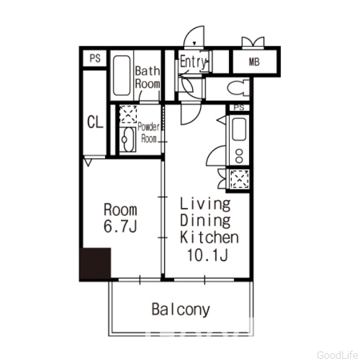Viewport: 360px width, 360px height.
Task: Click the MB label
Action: [254, 62]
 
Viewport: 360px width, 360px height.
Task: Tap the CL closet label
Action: [95, 122]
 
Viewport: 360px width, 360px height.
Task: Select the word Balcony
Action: [181, 310]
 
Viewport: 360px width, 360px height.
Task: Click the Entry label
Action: [193, 62]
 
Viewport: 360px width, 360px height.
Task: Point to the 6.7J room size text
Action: [120, 226]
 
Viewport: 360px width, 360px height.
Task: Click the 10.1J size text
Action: [207, 255]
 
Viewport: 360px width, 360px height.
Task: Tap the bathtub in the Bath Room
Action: [121, 76]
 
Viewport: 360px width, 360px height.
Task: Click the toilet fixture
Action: [239, 87]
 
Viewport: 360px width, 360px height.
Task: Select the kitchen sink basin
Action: [239, 129]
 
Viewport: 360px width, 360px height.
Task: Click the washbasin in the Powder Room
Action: [128, 140]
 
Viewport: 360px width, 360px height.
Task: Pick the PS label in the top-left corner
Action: [95, 59]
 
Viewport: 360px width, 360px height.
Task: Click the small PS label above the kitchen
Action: [239, 107]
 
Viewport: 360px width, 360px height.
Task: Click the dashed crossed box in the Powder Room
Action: [128, 114]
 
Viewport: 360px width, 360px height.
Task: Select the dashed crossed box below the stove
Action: [239, 179]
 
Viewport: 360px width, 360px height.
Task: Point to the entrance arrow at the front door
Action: [195, 43]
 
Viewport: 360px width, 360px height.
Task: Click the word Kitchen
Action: [209, 237]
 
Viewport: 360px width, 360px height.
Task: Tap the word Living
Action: [205, 204]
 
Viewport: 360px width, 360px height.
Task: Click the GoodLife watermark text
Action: [337, 355]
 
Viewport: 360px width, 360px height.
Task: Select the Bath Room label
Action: [148, 77]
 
